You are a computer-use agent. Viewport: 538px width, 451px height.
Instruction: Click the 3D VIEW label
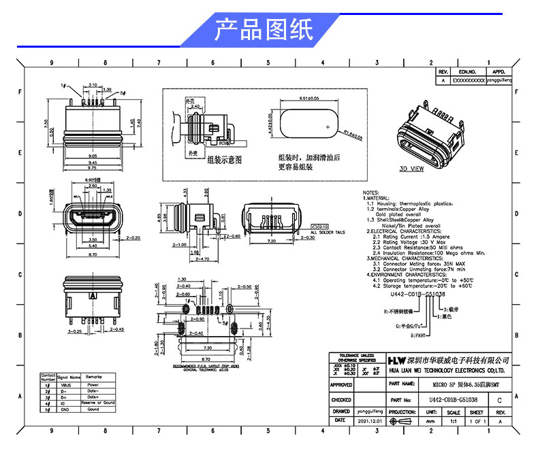tap(411, 167)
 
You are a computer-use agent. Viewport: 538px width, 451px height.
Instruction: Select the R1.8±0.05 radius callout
tap(352, 134)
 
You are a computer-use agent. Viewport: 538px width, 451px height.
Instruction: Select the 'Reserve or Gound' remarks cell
tap(99, 403)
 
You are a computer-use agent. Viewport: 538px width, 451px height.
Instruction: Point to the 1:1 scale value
tap(454, 422)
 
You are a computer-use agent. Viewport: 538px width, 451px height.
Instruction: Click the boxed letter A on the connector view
tap(91, 297)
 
